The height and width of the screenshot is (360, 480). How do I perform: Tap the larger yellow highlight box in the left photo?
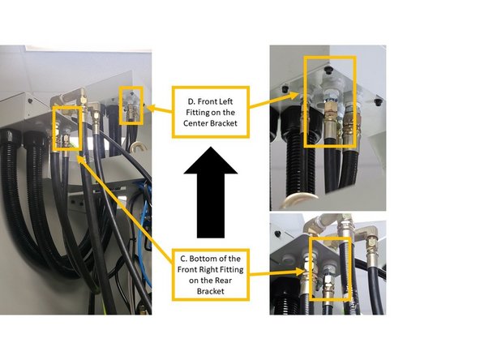(x=67, y=130)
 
